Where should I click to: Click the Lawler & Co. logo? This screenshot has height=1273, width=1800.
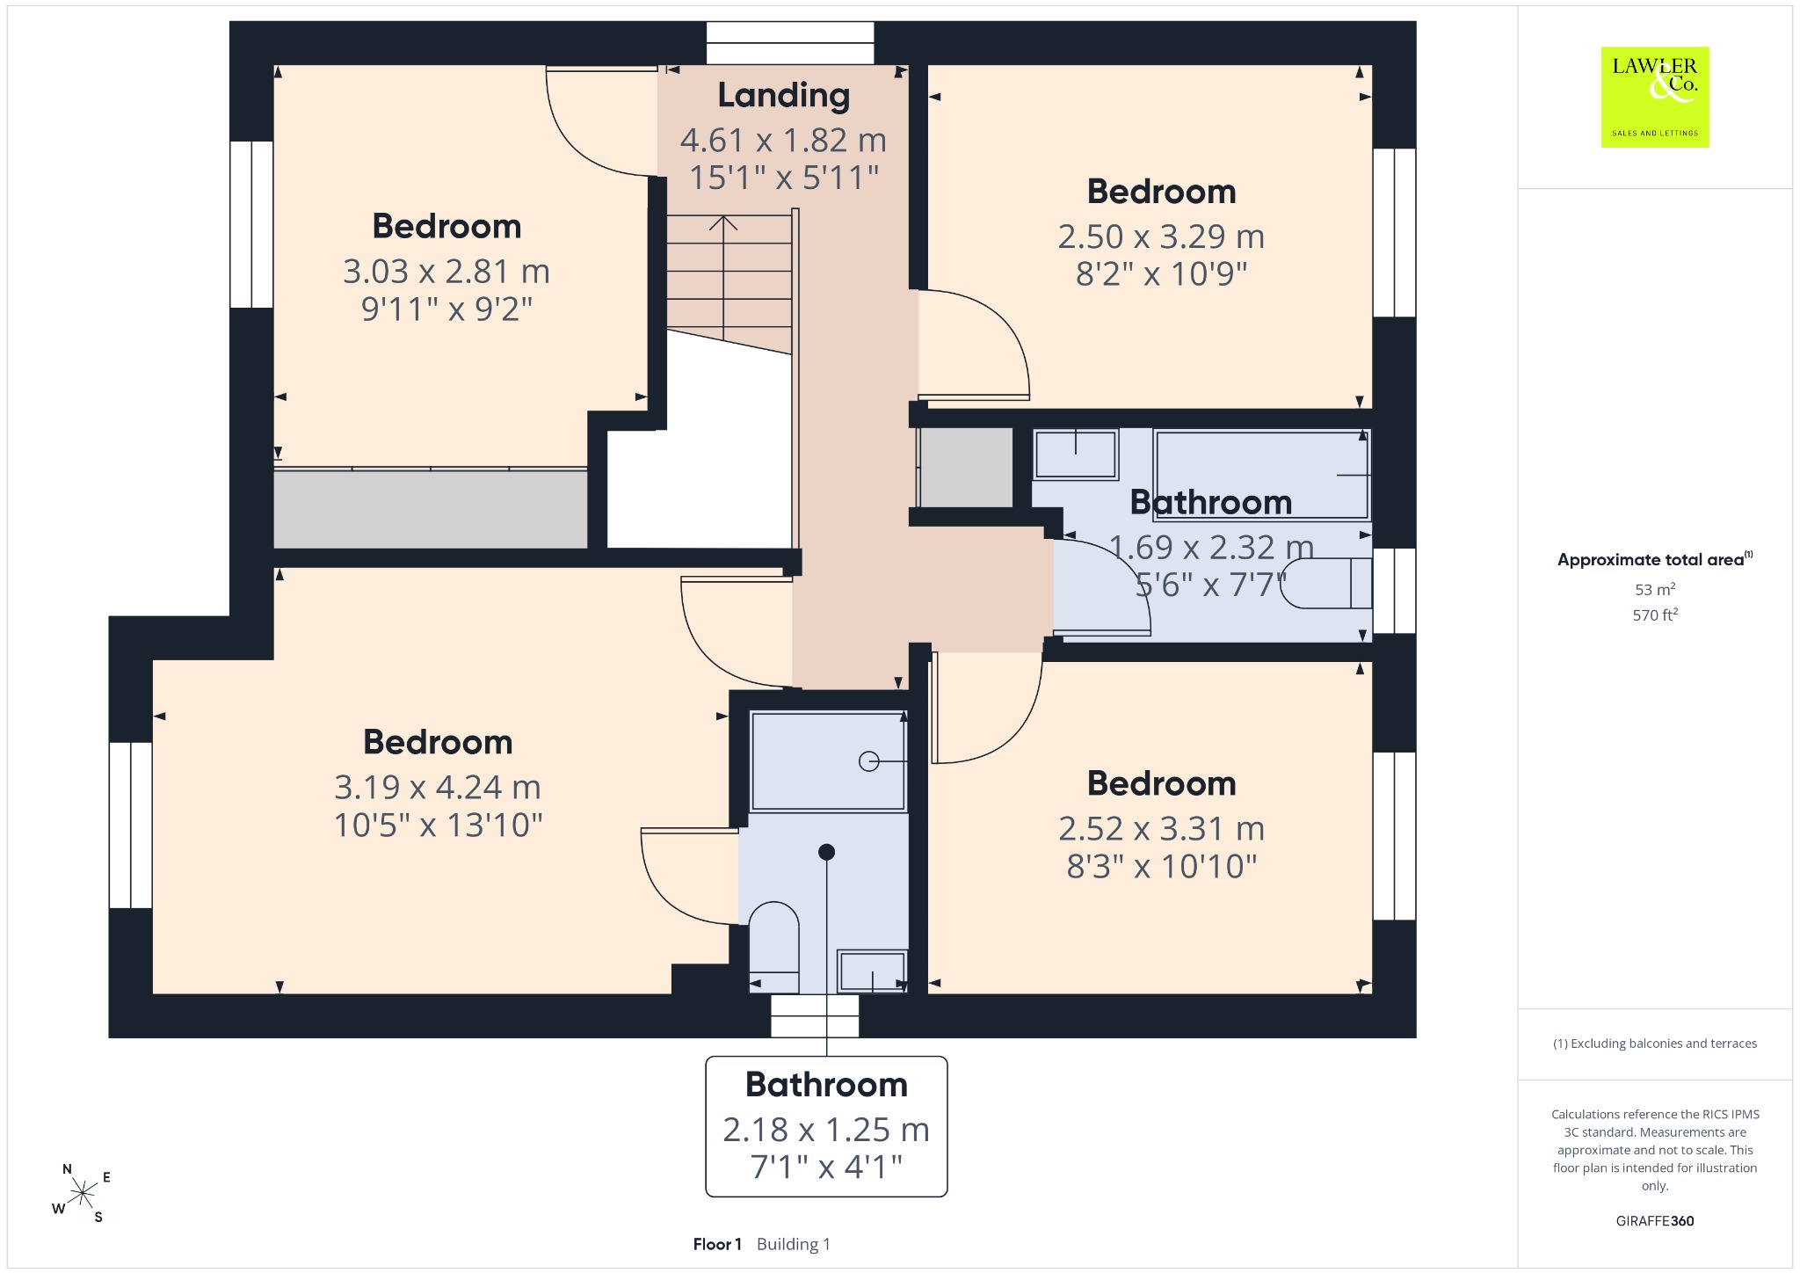click(1655, 97)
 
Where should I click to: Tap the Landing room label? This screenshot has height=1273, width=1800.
click(784, 96)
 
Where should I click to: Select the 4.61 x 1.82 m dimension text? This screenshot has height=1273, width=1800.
click(783, 140)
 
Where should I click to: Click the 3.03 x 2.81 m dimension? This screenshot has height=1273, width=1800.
click(446, 271)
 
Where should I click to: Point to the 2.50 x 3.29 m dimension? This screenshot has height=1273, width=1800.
click(1161, 236)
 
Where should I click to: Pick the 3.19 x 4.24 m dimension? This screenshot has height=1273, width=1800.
click(438, 787)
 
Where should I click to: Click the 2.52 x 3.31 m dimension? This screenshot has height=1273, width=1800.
click(1161, 828)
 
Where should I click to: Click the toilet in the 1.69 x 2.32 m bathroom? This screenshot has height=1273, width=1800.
click(1325, 584)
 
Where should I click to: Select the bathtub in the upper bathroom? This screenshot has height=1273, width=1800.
click(1262, 475)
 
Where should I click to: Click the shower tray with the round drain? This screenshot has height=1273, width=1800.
click(828, 760)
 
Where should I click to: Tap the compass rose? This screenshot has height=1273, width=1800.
click(82, 1193)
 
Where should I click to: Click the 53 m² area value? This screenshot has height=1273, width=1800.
click(1655, 589)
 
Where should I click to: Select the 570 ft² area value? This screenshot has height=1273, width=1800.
click(1655, 615)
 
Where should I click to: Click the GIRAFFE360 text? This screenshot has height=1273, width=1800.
click(1655, 1220)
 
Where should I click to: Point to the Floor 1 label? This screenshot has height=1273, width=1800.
click(717, 1244)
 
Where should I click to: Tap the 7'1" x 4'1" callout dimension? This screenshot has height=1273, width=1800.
click(826, 1167)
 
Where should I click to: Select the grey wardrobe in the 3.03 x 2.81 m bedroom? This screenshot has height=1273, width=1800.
click(431, 509)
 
